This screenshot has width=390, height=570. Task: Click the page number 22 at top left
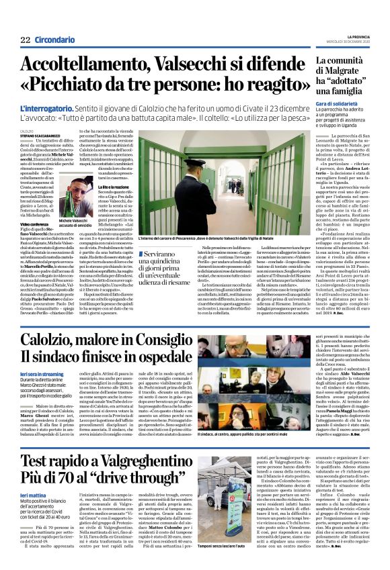[x=25, y=40]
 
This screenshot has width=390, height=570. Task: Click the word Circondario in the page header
[x=54, y=40]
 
